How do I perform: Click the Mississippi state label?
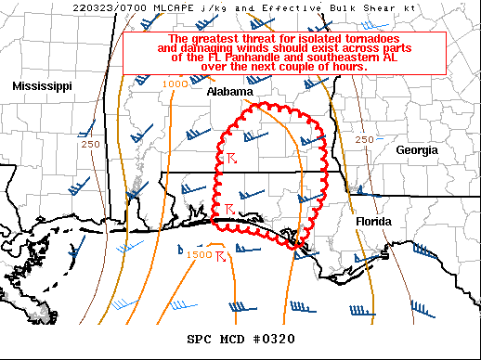point(43,85)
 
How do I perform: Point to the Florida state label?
point(373,223)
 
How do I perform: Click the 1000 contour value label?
point(175,84)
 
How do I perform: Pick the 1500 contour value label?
point(199,255)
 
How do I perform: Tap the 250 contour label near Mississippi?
point(90,144)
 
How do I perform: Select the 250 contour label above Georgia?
point(365,139)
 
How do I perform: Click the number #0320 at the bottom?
point(274,337)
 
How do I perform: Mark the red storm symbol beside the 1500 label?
point(221,254)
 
